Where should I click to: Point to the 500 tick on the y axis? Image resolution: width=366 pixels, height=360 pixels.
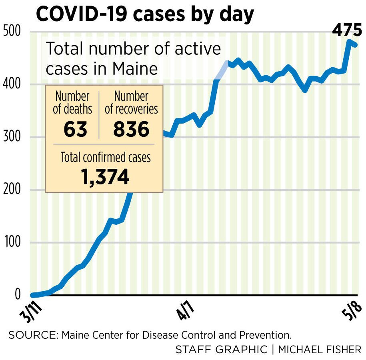[11, 32]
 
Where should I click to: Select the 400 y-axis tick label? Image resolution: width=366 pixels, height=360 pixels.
[11, 84]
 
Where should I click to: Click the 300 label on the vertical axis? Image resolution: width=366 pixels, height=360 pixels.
[11, 137]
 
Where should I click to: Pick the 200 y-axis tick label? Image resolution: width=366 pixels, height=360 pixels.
[11, 190]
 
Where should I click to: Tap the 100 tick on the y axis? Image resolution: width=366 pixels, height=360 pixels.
[11, 242]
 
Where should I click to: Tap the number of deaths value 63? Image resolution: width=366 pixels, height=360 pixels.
[75, 129]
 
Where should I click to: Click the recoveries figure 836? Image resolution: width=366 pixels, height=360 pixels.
[131, 129]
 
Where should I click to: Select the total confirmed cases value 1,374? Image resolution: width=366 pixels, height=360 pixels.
[105, 176]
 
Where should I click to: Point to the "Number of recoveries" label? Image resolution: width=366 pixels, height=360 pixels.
[131, 102]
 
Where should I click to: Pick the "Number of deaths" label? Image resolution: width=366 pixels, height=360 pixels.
[72, 102]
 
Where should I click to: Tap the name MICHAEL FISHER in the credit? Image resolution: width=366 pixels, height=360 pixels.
[320, 349]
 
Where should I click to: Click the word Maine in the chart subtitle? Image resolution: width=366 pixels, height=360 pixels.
[134, 68]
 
